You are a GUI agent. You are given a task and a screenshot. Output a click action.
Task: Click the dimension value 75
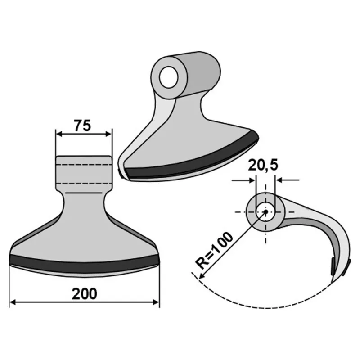(x=82, y=126)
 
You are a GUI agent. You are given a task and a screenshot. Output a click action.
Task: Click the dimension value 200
(x=85, y=294)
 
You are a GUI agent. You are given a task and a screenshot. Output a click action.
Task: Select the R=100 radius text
(x=214, y=251)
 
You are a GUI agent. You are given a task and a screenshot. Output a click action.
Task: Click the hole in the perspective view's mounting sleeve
(x=169, y=77)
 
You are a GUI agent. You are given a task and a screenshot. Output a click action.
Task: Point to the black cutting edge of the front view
(x=85, y=264)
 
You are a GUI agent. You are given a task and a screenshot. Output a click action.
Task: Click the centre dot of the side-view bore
(x=266, y=211)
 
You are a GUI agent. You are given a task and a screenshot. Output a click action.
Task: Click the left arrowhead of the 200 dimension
(x=13, y=302)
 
